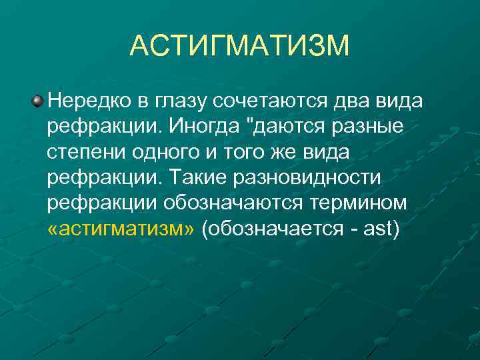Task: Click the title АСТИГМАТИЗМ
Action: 239,46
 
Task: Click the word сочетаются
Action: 271,101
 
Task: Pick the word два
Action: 354,103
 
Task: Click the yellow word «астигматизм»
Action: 121,229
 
